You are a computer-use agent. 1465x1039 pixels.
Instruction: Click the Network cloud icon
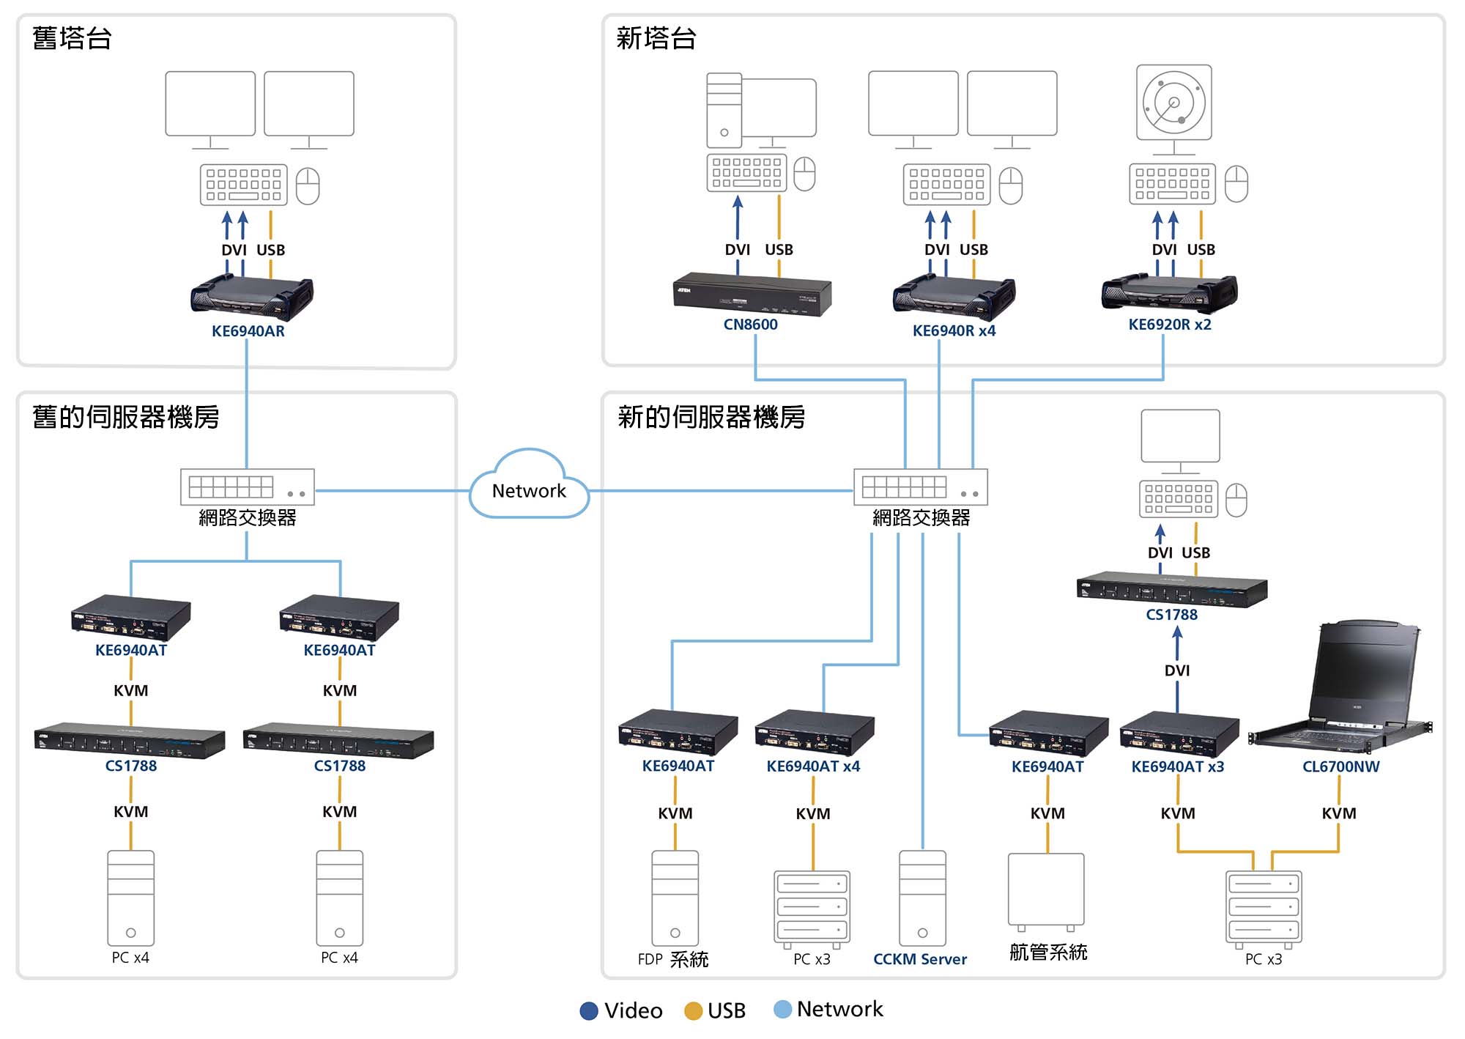pos(529,486)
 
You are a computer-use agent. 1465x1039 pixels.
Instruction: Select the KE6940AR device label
pos(248,331)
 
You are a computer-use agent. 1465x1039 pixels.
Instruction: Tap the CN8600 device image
pos(752,294)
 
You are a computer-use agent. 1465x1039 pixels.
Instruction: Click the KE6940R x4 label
pos(954,331)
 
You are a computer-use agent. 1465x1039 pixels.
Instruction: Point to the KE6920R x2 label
pos(1169,325)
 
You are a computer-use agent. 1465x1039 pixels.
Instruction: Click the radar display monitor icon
pos(1173,103)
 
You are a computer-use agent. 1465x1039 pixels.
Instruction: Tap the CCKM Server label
pos(919,959)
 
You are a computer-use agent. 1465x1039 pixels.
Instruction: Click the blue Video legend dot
pos(589,1011)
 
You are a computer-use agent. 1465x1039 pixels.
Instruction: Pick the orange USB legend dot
pos(693,1011)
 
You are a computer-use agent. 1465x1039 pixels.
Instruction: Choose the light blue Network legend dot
pos(782,1009)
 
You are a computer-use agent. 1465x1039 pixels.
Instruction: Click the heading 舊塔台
pos(72,38)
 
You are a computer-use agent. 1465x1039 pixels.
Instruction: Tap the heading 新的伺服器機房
pos(711,417)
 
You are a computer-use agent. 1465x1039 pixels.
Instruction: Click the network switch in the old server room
pos(248,487)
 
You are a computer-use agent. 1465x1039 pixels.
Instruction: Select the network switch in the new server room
pos(920,487)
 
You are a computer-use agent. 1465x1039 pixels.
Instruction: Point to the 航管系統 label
pos(1047,953)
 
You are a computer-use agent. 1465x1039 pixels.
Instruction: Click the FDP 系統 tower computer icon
pos(675,898)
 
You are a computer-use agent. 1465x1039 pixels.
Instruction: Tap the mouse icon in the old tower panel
pos(308,185)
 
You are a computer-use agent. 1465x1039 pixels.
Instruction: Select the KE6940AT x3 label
pos(1177,767)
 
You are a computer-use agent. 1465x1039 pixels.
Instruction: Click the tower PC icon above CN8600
pos(724,110)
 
